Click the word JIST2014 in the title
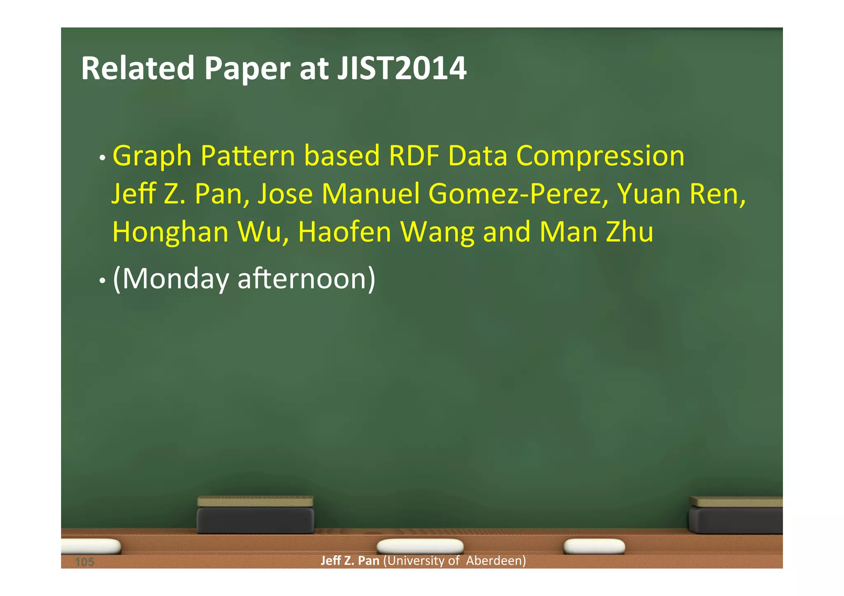[x=402, y=68]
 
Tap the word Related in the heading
[x=138, y=68]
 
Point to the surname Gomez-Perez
[x=518, y=194]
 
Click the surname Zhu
[x=630, y=232]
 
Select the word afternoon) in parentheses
[x=307, y=279]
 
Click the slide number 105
[x=85, y=562]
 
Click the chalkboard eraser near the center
[x=256, y=516]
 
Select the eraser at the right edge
[x=736, y=516]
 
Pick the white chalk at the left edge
[x=91, y=546]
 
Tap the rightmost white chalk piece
[x=594, y=546]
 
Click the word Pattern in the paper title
[x=248, y=157]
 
